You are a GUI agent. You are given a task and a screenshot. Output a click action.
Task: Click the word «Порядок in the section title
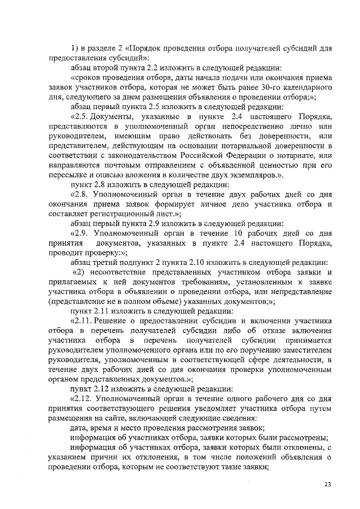click(147, 48)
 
